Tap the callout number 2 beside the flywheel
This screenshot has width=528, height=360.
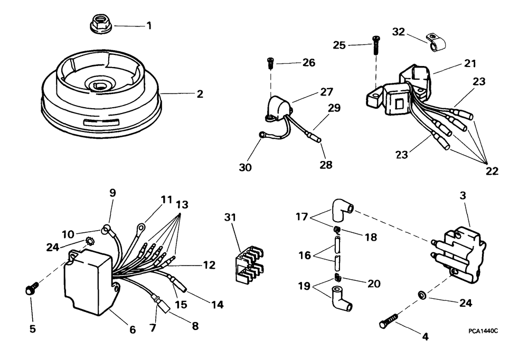[x=200, y=94]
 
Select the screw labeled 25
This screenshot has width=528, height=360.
[x=375, y=45]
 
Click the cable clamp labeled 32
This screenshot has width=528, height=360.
[x=436, y=42]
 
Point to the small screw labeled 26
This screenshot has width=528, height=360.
[x=270, y=63]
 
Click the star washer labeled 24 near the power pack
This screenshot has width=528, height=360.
[x=89, y=241]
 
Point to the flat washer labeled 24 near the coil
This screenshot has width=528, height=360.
[x=421, y=295]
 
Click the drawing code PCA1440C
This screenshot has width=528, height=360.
[x=483, y=331]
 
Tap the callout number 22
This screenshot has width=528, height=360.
[x=492, y=171]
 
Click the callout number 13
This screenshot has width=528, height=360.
[x=182, y=204]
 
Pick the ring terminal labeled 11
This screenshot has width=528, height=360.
[x=141, y=228]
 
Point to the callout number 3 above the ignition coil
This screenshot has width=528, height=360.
[x=463, y=196]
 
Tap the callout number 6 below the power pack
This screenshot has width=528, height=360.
[x=133, y=330]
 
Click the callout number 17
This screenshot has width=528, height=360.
[x=301, y=216]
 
